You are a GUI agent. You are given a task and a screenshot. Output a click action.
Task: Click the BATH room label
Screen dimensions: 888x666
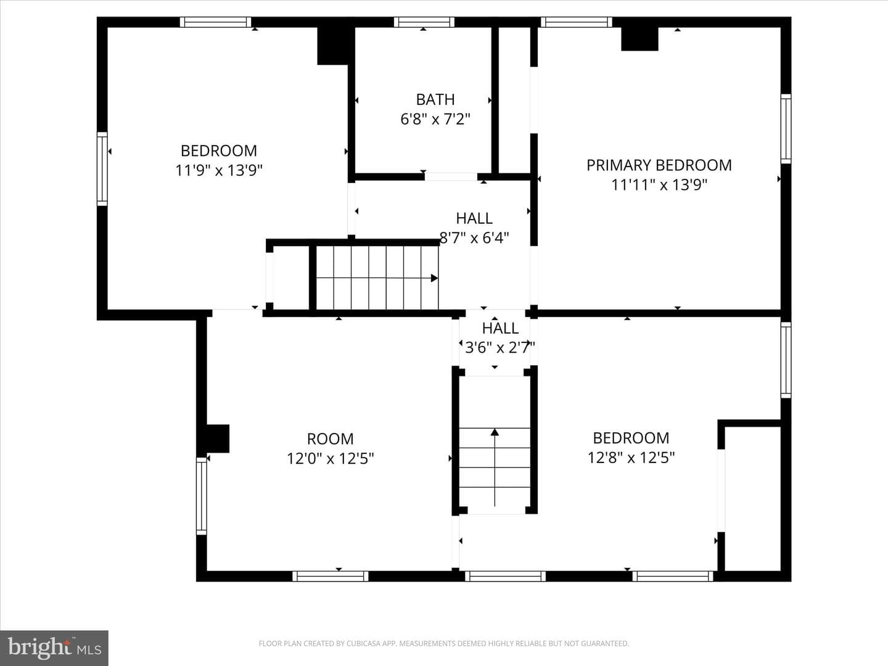tap(435, 99)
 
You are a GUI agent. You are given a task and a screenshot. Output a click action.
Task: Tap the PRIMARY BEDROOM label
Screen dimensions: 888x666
tap(659, 165)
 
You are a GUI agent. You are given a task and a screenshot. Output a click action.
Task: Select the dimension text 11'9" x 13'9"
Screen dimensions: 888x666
tap(219, 170)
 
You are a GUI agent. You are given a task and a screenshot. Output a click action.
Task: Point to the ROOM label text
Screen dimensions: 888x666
tap(330, 438)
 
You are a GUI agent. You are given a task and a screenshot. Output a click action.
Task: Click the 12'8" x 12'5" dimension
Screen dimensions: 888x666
tap(631, 458)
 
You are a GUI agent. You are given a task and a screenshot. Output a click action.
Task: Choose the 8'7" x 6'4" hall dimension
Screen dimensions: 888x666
tap(474, 238)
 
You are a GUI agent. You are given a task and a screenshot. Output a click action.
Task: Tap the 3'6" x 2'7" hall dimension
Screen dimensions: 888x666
tap(500, 347)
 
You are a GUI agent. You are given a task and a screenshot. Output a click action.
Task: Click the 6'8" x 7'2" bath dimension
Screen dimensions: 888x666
tap(435, 119)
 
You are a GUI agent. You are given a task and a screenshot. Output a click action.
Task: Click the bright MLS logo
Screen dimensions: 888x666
tap(54, 647)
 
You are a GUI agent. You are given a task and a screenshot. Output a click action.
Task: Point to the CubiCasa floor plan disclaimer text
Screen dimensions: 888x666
tap(444, 643)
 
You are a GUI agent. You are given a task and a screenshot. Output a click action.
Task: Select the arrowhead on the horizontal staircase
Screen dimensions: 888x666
tap(435, 278)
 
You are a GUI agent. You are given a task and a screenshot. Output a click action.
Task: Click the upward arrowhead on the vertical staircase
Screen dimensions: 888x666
tap(495, 432)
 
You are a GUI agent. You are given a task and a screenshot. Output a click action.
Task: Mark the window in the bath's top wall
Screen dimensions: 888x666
tap(424, 22)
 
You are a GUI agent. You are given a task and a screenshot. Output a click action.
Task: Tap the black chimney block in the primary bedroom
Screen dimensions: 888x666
tap(639, 39)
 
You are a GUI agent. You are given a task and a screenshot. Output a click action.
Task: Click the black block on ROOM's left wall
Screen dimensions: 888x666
tap(218, 438)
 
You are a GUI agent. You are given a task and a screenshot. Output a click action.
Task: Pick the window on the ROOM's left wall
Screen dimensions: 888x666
tap(202, 496)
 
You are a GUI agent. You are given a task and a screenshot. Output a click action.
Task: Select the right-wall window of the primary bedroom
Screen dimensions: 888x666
tap(786, 129)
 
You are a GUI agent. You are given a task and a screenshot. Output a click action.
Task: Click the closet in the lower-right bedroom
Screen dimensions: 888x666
tap(752, 499)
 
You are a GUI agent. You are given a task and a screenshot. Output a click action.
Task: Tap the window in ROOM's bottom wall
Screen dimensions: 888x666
tap(330, 576)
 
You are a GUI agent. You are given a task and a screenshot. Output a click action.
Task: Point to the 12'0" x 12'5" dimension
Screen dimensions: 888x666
tap(330, 459)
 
